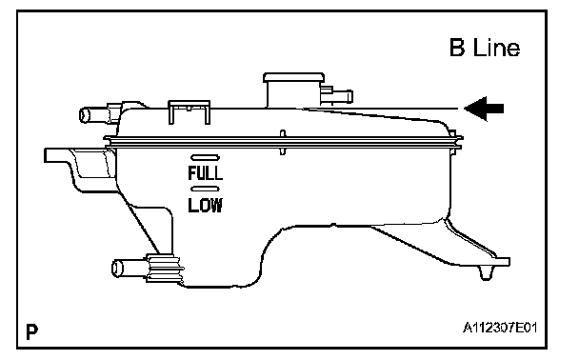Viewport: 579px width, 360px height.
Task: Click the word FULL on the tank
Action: [206, 172]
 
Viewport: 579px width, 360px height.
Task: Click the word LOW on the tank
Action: [206, 206]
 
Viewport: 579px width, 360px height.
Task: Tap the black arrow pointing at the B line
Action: [484, 109]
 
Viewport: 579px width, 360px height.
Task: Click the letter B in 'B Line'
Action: [457, 48]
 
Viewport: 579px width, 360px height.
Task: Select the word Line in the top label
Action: [496, 48]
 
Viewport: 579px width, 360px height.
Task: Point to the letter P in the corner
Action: [31, 331]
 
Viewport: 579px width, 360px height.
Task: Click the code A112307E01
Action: [500, 328]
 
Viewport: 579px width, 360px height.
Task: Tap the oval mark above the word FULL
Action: [206, 158]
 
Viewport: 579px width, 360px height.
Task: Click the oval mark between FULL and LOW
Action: [205, 189]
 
